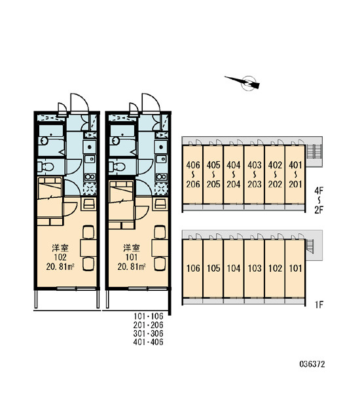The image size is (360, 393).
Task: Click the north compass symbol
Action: (x=247, y=83)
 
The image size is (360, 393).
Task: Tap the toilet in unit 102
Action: (x=45, y=166)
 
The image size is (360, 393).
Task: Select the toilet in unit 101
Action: (x=117, y=166)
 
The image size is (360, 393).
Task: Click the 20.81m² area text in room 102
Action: (x=60, y=267)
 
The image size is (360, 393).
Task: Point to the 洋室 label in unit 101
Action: (x=132, y=248)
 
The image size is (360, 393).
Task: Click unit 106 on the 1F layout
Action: (x=193, y=269)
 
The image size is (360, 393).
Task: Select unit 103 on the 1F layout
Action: (x=254, y=269)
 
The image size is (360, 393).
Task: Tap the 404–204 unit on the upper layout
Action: (x=234, y=175)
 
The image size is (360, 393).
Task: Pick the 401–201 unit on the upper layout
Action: (x=295, y=175)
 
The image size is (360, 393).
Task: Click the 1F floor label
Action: (x=319, y=305)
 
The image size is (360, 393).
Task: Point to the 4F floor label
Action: (x=319, y=191)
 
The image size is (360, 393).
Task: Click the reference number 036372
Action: (x=312, y=364)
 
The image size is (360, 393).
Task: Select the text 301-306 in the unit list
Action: (x=149, y=333)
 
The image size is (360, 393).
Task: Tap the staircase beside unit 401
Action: (x=314, y=152)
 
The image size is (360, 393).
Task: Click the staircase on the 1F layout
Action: (x=310, y=247)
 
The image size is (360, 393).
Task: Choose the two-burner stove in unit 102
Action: (x=90, y=177)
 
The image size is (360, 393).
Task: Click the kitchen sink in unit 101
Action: (x=162, y=159)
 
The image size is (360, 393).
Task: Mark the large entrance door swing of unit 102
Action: (x=80, y=103)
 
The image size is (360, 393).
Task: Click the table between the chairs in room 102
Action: (x=88, y=248)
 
